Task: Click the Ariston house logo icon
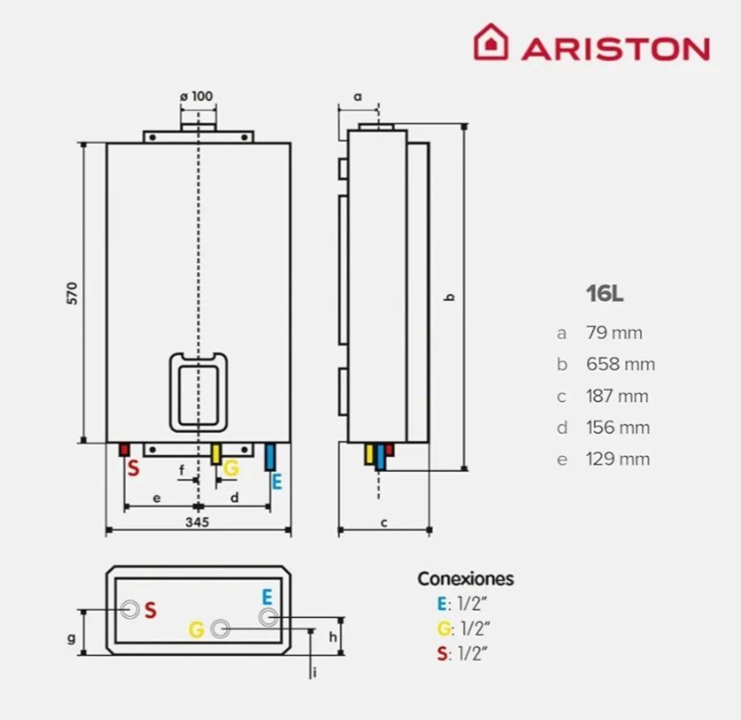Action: coord(491,43)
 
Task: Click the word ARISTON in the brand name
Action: coord(615,47)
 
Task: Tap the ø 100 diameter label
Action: coord(195,95)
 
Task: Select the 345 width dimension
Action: coord(197,523)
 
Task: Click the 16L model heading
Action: coord(604,294)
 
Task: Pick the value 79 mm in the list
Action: coord(613,333)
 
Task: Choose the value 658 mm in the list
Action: coord(619,364)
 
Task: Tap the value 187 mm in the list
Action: coord(616,396)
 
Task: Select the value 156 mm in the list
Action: coord(617,427)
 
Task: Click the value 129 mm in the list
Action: coord(617,459)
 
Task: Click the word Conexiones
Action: coord(465,579)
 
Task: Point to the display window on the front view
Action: coord(198,390)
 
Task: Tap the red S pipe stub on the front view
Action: coord(124,449)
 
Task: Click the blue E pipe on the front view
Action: coord(270,457)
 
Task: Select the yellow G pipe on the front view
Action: coord(217,453)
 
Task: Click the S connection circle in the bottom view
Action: coord(131,610)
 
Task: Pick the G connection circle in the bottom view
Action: coord(220,628)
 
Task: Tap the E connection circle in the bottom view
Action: coord(268,617)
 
